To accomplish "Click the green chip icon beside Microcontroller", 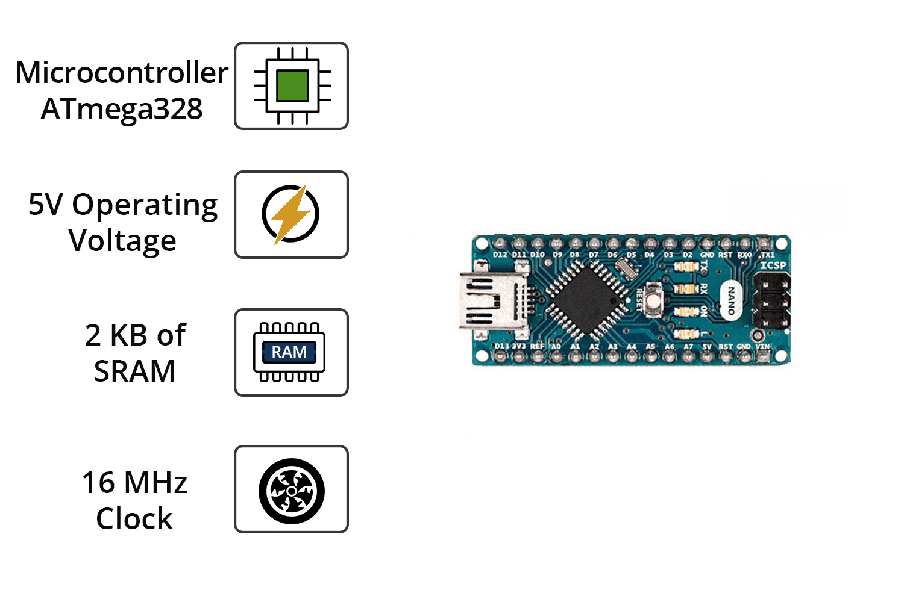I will point(292,85).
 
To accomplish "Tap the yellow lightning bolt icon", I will point(291,214).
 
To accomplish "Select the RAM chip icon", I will point(289,352).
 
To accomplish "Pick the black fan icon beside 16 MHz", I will point(291,491).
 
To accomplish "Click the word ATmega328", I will point(122,109).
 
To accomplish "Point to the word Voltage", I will point(122,241).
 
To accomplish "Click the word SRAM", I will point(134,371).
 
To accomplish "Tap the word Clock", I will point(134,519).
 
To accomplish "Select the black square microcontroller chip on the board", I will point(585,299).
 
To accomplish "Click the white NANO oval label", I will point(731,300).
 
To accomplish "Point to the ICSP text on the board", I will point(773,265).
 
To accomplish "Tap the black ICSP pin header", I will point(772,301).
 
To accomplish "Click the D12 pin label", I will point(500,255).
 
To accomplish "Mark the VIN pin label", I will point(763,347).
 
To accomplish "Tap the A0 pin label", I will point(556,347).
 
